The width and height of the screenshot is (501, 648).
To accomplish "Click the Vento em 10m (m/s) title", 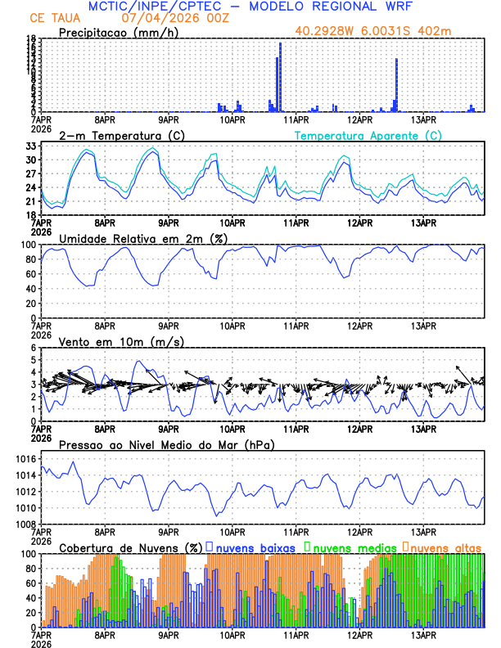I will tap(110, 341).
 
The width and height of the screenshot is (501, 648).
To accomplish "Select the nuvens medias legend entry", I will tap(350, 546).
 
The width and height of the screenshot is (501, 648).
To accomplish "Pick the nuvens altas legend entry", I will tap(443, 546).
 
